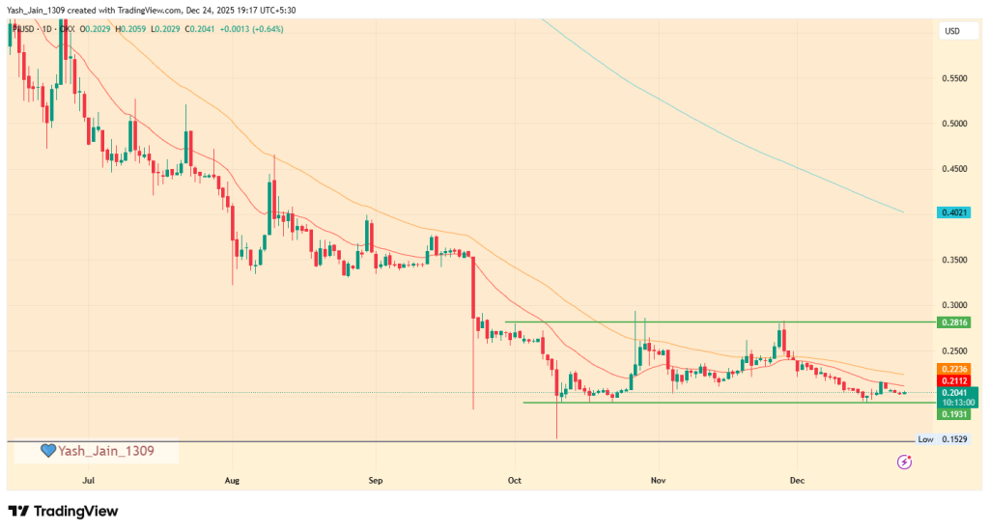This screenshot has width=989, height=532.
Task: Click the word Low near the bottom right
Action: (x=925, y=439)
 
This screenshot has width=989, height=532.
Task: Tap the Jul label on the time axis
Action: (x=89, y=479)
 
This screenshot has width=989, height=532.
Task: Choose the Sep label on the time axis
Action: (x=376, y=479)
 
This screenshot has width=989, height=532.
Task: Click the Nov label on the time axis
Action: (x=659, y=479)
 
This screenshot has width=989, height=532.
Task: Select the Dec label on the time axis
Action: (x=798, y=479)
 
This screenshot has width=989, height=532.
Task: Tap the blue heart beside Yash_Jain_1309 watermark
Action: (x=47, y=451)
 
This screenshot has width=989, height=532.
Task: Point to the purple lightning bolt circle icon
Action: (x=904, y=462)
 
